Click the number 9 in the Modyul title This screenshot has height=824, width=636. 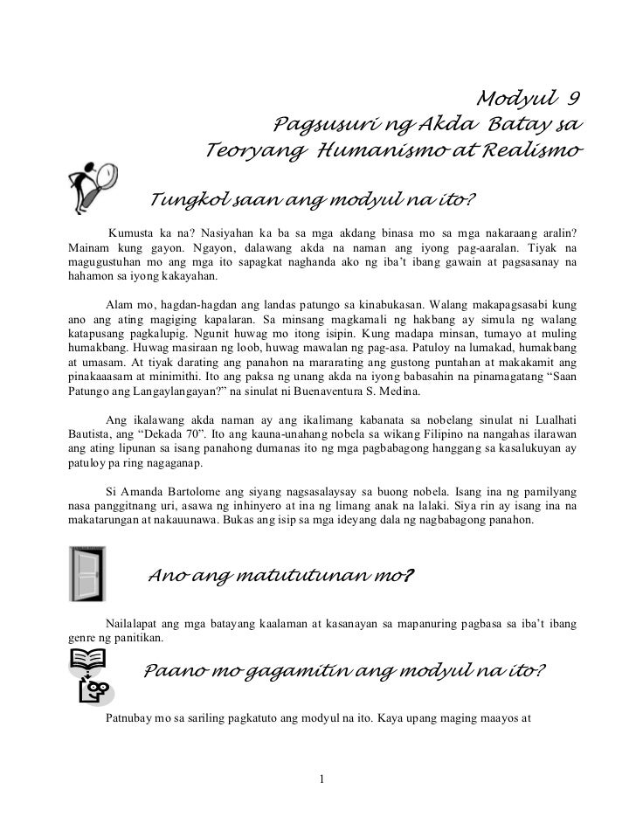point(574,96)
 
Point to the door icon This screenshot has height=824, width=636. point(86,572)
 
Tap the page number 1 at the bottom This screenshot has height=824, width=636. point(322,779)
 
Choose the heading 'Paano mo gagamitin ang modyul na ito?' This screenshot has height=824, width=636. point(343,671)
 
